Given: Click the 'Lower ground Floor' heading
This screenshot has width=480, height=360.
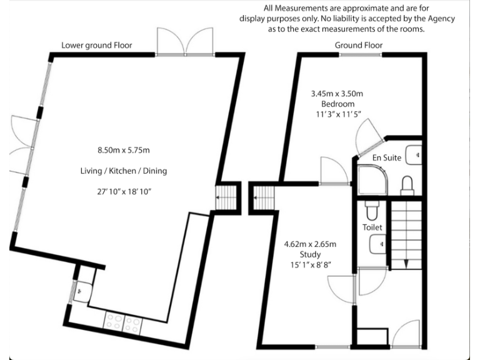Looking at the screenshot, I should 96,45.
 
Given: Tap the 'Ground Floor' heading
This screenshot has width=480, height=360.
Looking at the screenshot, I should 359,45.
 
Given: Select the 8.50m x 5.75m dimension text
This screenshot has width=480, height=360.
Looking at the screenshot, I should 124,150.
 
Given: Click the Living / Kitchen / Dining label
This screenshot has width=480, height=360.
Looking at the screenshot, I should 124,171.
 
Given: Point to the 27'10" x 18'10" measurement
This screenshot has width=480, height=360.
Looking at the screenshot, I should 124,191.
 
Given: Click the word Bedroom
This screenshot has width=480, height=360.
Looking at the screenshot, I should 337,104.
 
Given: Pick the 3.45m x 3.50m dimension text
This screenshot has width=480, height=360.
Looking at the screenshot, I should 337,94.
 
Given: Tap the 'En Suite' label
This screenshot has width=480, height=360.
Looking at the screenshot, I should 386,158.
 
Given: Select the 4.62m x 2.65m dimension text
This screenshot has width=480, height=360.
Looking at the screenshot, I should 310,244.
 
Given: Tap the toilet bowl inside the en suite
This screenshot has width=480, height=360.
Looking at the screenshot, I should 407,183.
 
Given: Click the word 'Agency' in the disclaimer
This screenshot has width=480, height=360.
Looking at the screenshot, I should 440,19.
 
